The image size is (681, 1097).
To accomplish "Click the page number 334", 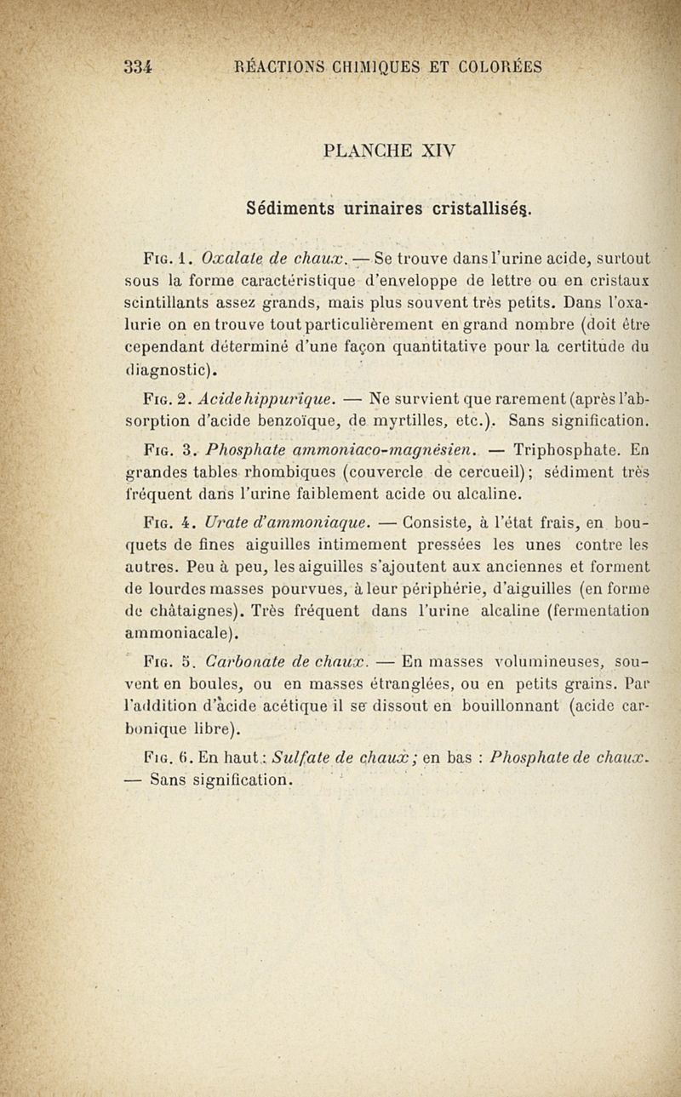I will [x=137, y=66].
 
